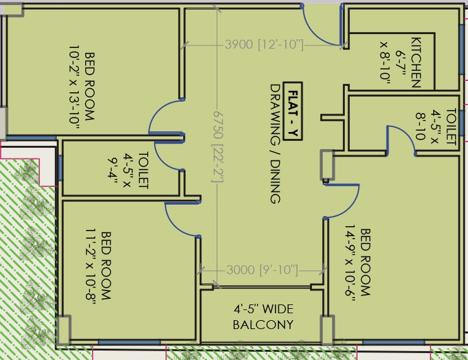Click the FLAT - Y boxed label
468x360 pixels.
point(292,111)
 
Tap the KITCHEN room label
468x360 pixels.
point(416,62)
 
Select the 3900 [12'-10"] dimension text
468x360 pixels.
point(264,45)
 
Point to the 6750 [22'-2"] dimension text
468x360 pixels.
point(218,147)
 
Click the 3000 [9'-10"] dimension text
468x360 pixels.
point(262,270)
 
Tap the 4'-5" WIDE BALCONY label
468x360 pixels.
point(263,316)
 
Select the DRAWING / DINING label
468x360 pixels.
point(275,144)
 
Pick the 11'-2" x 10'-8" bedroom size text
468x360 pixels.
point(90,266)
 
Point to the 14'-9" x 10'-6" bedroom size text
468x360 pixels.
point(350,263)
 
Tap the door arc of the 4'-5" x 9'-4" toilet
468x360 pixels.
point(163,161)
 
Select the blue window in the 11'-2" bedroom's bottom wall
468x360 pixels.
point(129,342)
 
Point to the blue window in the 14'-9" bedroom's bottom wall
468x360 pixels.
point(393,342)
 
